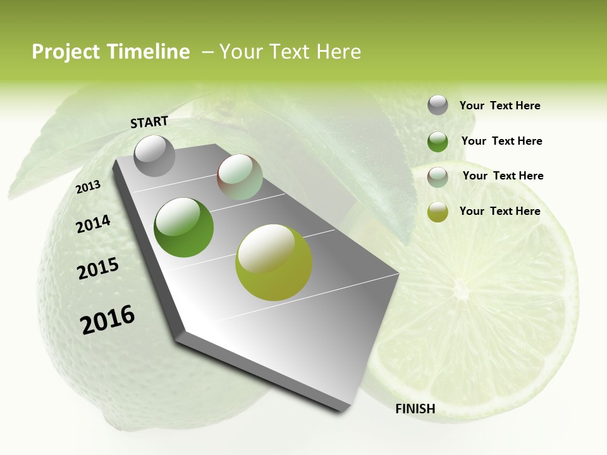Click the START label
149,122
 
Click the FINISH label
415,409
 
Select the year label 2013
89,187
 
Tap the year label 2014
94,224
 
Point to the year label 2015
98,269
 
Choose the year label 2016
107,320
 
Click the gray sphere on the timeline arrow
154,155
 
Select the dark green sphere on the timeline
183,227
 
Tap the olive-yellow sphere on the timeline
274,262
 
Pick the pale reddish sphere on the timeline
240,177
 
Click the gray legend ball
438,105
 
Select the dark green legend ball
438,142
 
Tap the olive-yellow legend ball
438,212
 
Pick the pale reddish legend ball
438,177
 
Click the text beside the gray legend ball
500,106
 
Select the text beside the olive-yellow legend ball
500,211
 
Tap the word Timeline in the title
149,52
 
